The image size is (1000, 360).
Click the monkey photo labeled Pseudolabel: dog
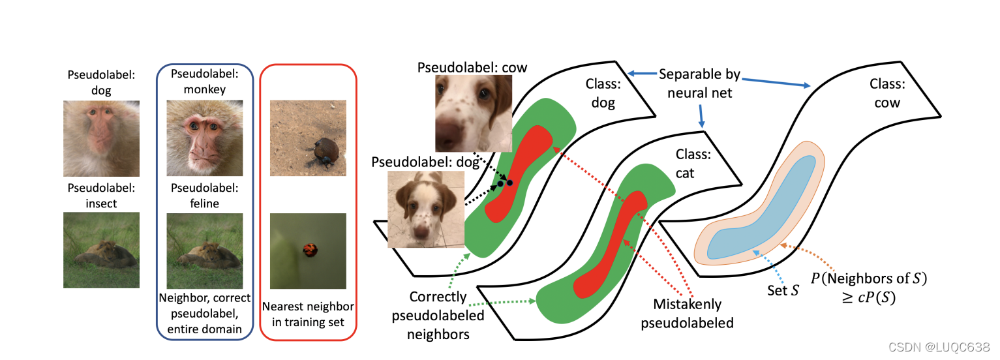click(x=101, y=138)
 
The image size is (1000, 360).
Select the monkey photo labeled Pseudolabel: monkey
click(x=204, y=138)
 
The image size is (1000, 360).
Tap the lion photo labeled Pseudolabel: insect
click(x=101, y=250)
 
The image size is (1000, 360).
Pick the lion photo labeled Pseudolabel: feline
click(x=204, y=250)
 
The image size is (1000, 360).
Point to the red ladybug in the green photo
click(x=309, y=249)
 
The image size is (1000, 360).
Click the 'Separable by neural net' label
click(x=699, y=83)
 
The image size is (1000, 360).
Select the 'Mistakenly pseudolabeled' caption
click(x=687, y=313)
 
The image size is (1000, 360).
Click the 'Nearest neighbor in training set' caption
click(x=308, y=314)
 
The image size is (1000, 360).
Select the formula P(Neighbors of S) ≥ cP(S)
click(x=868, y=288)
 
